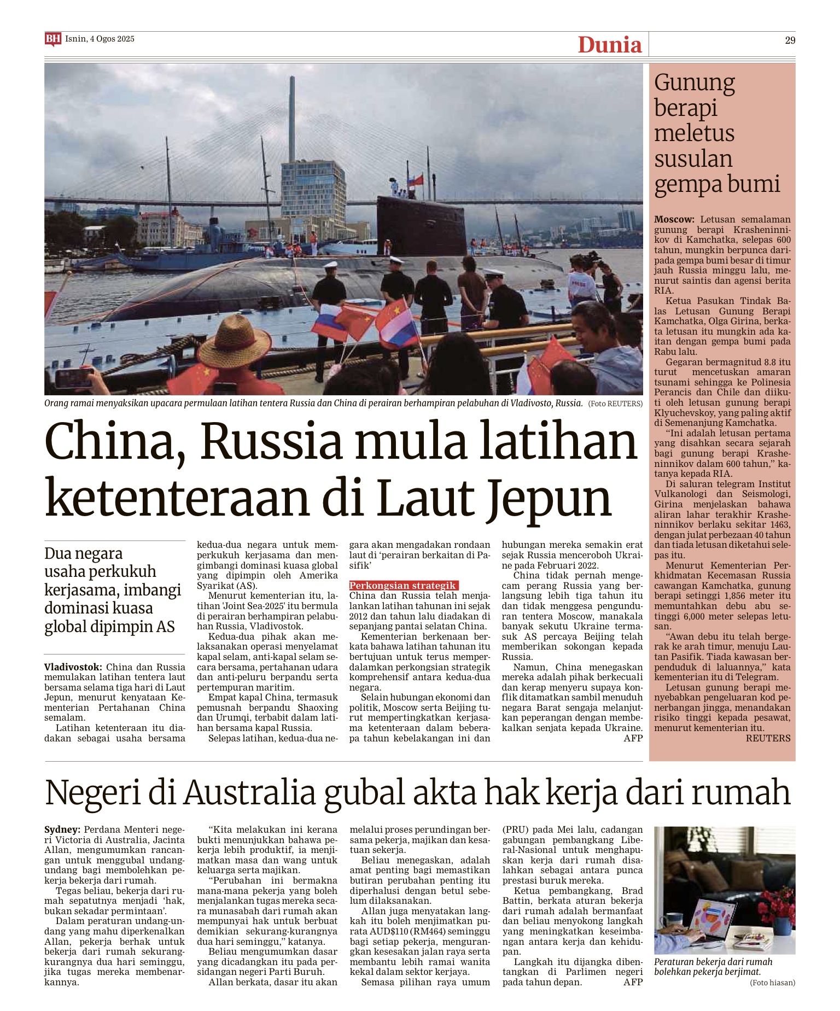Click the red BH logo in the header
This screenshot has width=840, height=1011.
(52, 39)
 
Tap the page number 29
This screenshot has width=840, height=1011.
(790, 40)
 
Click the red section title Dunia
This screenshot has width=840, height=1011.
(609, 44)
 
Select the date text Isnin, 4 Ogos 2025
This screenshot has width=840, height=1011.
(100, 39)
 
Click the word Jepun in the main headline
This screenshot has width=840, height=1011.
(549, 498)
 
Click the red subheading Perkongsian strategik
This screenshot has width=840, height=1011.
(402, 586)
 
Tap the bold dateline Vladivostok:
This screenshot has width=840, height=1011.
(73, 667)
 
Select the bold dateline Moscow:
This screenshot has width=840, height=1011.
(674, 219)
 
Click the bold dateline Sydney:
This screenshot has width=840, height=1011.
(62, 829)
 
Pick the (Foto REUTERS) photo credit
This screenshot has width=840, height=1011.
(615, 404)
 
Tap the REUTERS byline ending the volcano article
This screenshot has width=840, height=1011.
(768, 738)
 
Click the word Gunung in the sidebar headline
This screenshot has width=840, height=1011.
(694, 83)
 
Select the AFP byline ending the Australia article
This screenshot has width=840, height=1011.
(633, 982)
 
